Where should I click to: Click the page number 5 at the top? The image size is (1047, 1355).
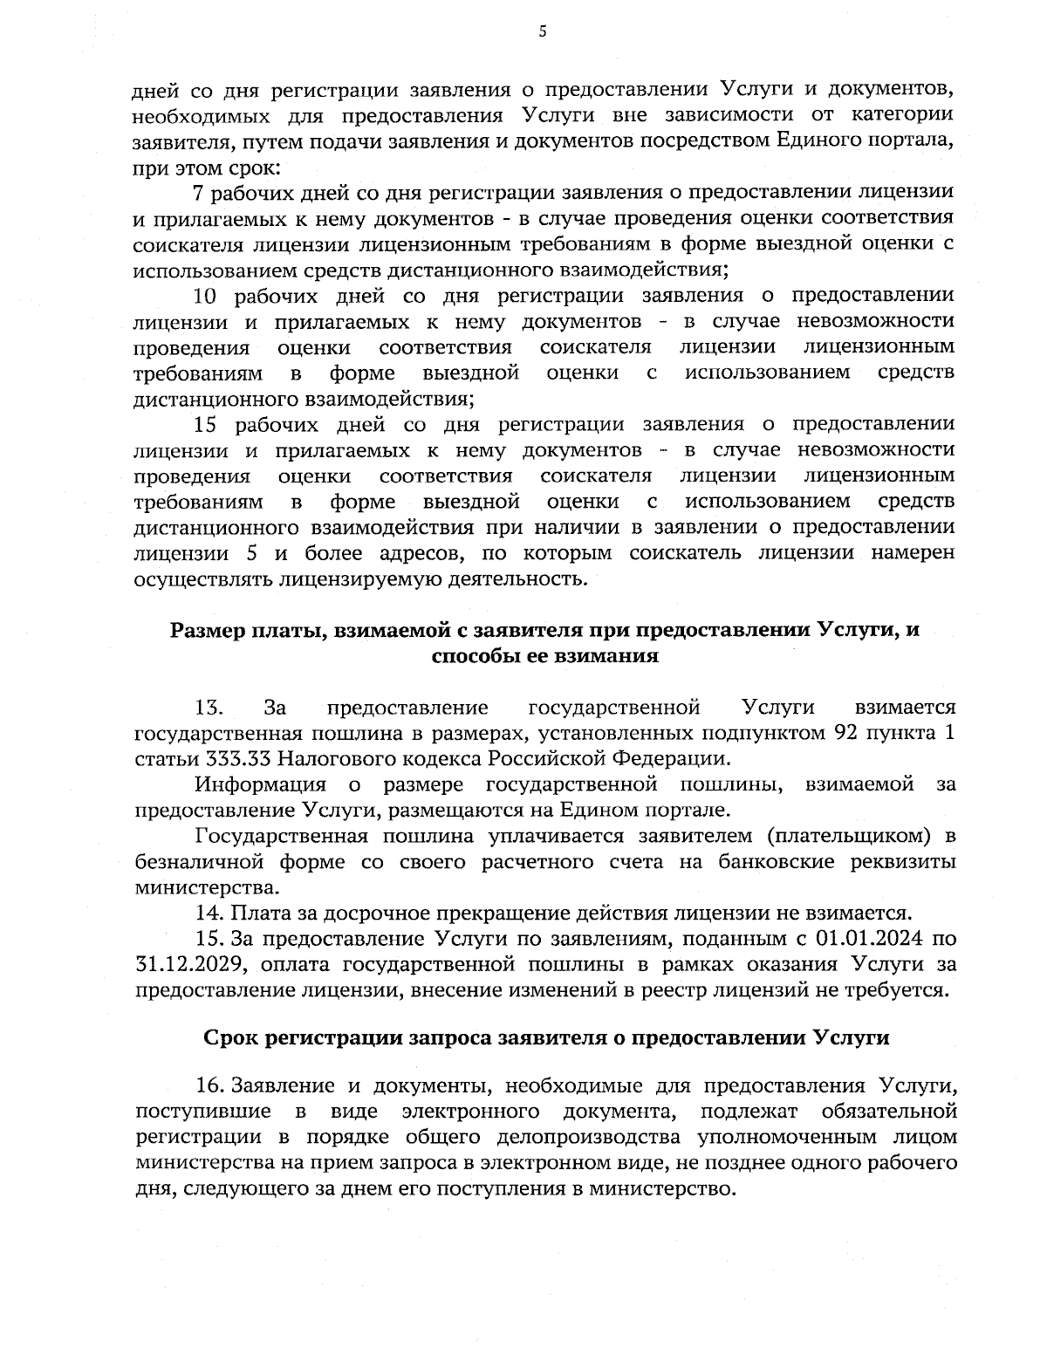pyautogui.click(x=542, y=32)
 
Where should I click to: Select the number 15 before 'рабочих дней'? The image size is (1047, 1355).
pyautogui.click(x=204, y=425)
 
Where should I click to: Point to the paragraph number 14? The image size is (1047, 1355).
pyautogui.click(x=209, y=914)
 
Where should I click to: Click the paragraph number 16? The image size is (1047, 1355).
pyautogui.click(x=210, y=1086)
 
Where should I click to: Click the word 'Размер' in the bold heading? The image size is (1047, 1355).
pyautogui.click(x=205, y=631)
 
